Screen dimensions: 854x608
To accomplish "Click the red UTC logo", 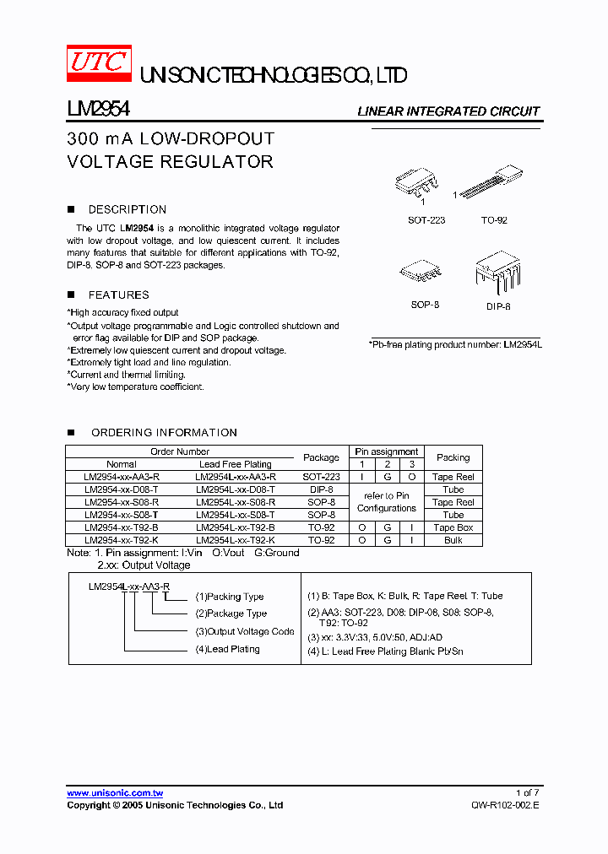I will coord(99,62).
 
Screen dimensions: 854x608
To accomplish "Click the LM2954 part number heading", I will coord(97,110).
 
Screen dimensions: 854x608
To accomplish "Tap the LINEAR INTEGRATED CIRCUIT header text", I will coord(448,111).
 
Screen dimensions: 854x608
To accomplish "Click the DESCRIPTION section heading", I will coord(127,209).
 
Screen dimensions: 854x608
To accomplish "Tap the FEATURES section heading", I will coord(118,295).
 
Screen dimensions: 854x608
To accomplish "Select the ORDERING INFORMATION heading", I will coord(164,432).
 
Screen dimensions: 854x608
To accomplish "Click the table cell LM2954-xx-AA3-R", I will coord(122,477).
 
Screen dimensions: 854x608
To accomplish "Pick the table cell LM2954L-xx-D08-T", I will coord(235,489).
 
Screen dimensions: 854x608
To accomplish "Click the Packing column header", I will coord(453,457).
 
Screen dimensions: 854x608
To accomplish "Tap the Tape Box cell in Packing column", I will coord(453,527).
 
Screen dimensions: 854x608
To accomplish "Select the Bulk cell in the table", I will coord(453,540).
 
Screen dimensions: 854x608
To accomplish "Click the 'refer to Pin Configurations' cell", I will coord(387,502).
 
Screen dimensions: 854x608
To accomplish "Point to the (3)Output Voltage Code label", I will coord(245,631).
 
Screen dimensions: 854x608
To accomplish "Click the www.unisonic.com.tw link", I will coord(115,793).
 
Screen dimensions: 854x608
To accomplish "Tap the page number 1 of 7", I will coord(526,793).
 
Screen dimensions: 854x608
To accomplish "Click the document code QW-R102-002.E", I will coord(504,806).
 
